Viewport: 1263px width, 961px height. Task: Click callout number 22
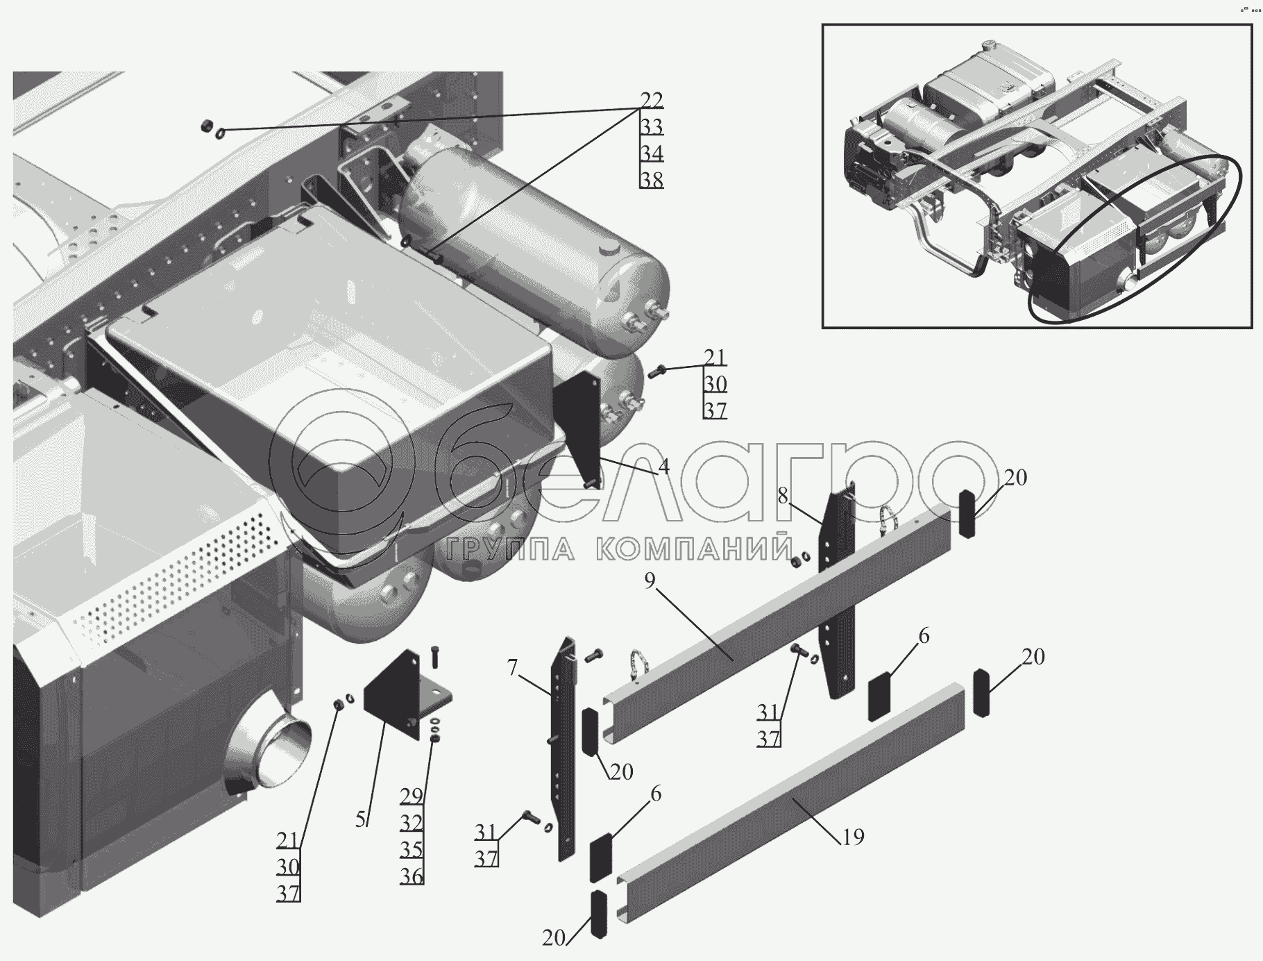click(x=651, y=100)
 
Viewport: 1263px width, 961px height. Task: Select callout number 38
click(x=651, y=179)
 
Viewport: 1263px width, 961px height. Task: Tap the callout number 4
click(x=663, y=467)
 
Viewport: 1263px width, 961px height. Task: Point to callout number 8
click(x=783, y=496)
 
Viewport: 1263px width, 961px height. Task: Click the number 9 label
click(x=650, y=580)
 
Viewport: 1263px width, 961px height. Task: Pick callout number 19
click(x=853, y=837)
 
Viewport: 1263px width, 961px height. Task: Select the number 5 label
click(x=361, y=819)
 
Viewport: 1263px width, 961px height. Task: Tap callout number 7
click(x=512, y=668)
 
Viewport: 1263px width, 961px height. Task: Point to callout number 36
click(x=412, y=876)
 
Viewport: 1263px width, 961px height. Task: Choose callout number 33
click(x=651, y=126)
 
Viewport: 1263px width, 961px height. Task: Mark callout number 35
click(x=412, y=849)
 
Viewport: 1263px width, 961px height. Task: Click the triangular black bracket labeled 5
click(x=392, y=694)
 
